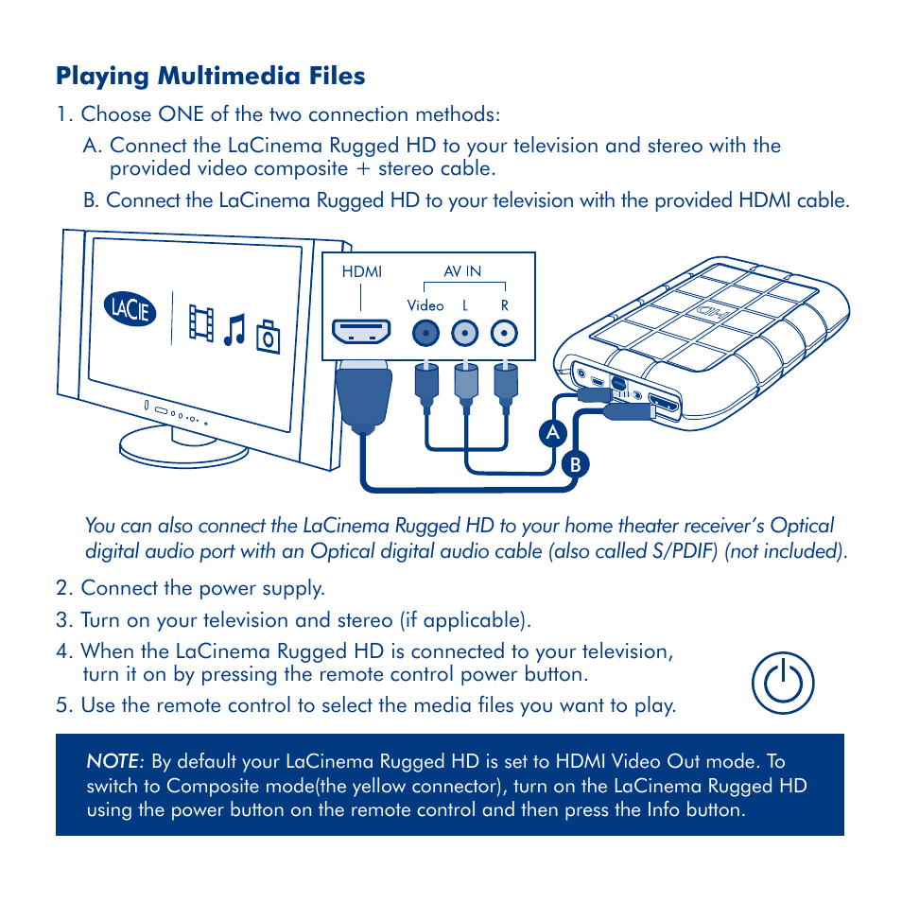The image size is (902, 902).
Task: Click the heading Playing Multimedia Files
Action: (210, 76)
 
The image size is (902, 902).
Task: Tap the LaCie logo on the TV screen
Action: (130, 310)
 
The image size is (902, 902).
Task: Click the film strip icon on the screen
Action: (200, 322)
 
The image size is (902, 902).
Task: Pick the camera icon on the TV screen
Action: (269, 337)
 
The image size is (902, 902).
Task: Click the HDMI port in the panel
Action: (361, 333)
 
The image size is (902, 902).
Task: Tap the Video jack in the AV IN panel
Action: (426, 333)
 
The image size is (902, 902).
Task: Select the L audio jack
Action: (464, 333)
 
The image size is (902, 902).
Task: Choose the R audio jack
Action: (505, 333)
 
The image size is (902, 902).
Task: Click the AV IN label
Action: (463, 271)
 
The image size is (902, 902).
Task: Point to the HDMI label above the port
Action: (361, 272)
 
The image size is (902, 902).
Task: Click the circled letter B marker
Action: (573, 464)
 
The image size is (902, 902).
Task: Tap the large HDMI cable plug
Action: (363, 395)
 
